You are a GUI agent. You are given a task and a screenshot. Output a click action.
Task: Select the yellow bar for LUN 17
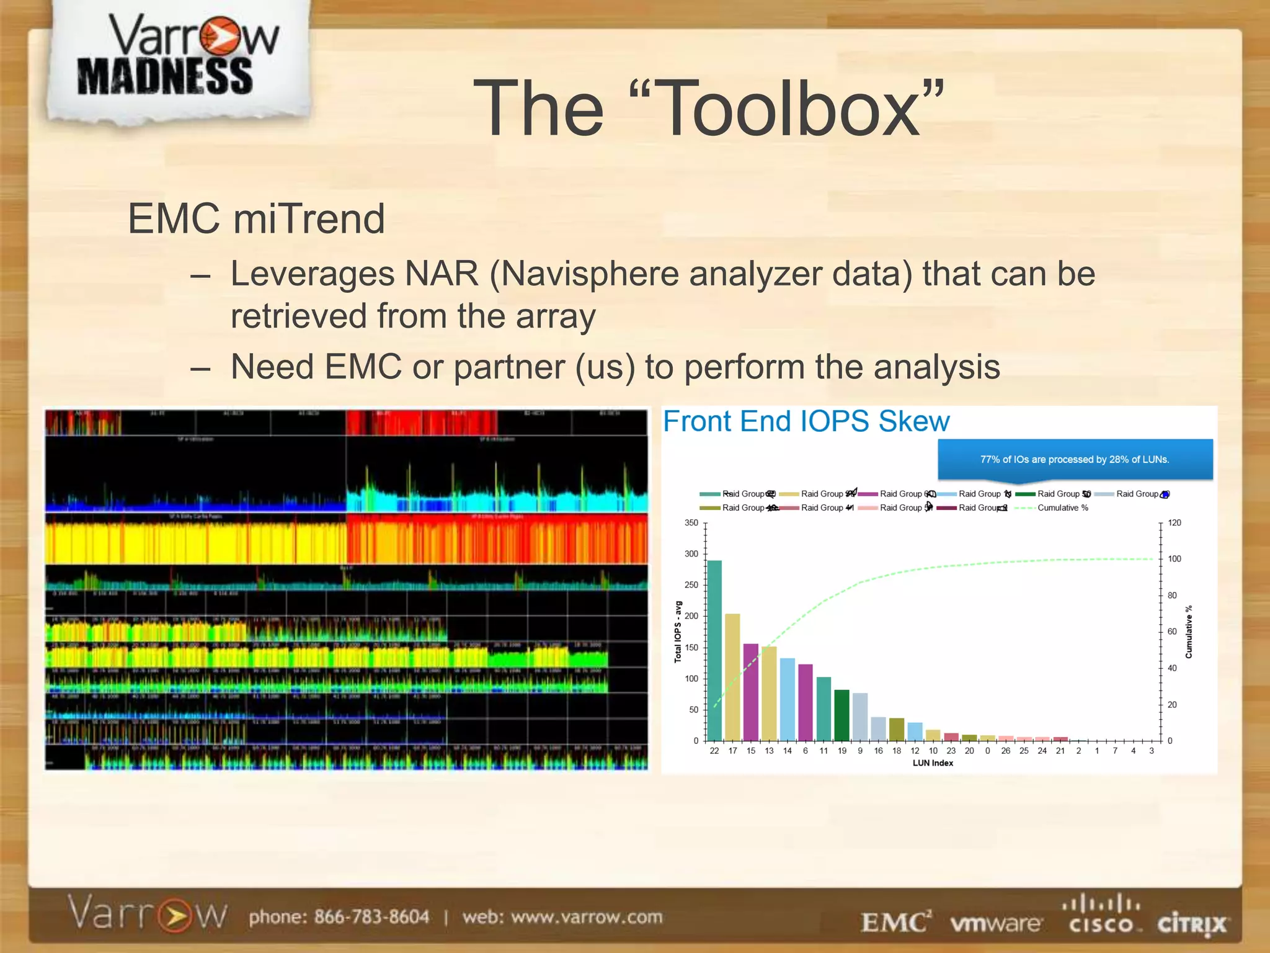732,677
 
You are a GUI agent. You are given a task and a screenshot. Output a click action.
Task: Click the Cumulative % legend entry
1062,508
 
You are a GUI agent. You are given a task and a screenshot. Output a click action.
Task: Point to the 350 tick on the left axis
691,523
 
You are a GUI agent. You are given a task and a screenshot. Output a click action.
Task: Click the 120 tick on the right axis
1174,523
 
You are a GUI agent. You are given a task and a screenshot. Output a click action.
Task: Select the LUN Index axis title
932,763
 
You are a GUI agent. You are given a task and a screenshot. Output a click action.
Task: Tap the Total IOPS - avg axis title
678,632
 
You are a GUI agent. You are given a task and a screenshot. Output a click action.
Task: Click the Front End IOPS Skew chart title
806,422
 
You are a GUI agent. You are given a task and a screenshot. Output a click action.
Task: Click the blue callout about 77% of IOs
1074,460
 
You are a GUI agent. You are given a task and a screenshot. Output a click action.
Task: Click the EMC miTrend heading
256,219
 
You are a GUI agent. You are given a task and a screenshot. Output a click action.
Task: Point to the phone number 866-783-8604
371,916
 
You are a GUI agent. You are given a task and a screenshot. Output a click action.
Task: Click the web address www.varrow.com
587,916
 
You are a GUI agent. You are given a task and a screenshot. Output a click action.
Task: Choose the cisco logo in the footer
1102,915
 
